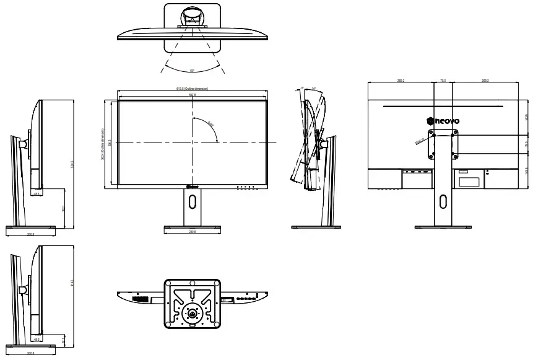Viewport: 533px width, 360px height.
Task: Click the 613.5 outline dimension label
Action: point(192,89)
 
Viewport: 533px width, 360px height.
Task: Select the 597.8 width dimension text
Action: point(192,95)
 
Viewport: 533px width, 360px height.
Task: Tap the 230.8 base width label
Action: point(192,232)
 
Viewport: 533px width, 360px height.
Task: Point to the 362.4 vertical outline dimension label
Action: point(102,143)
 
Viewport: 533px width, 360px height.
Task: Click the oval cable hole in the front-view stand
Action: point(192,200)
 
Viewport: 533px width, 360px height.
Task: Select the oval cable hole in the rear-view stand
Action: point(443,201)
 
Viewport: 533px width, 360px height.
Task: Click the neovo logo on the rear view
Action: point(443,121)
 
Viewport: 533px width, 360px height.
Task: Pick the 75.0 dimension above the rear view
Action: point(443,81)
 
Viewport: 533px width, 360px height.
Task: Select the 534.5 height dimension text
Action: point(73,164)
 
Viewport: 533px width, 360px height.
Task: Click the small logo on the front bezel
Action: point(189,186)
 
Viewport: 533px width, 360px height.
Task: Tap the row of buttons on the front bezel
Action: point(246,186)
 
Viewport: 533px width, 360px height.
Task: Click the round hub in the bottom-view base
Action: point(193,314)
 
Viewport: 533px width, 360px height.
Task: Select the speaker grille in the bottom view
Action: point(142,300)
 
